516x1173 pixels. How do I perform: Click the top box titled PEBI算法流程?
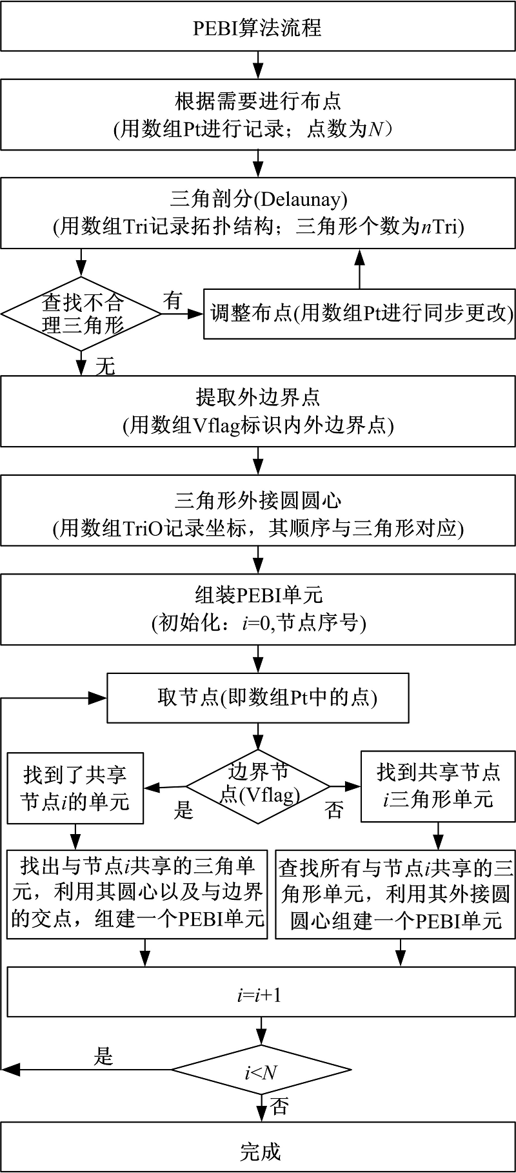[x=258, y=27]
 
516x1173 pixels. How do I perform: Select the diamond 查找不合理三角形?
[x=81, y=314]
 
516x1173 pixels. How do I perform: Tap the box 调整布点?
[x=359, y=314]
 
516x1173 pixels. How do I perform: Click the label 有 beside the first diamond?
[x=173, y=300]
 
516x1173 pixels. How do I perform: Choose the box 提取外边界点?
[x=258, y=411]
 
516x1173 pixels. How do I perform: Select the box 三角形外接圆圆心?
[x=258, y=514]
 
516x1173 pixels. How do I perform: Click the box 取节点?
[x=258, y=698]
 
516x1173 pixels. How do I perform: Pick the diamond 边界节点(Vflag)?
[x=258, y=786]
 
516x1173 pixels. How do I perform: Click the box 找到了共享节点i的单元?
[x=75, y=788]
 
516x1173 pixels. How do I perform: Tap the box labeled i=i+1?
[x=258, y=995]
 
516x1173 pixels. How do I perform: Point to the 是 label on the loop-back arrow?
[x=104, y=1057]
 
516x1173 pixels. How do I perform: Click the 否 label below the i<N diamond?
[x=279, y=1107]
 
